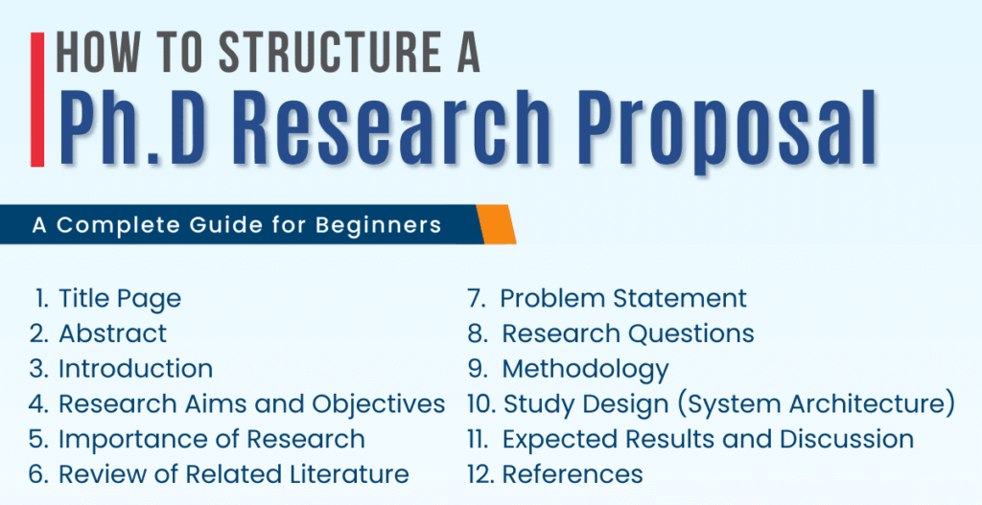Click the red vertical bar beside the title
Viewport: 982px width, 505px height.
click(37, 100)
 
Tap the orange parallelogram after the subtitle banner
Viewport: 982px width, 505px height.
click(495, 224)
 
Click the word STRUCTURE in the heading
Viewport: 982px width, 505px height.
click(306, 54)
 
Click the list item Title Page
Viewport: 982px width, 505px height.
click(119, 298)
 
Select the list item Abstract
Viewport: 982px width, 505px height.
click(112, 333)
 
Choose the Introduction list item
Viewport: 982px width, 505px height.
click(135, 368)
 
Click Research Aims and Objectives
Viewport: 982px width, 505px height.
click(251, 403)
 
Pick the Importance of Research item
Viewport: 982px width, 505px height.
click(211, 439)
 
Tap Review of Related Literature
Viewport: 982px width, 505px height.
click(233, 473)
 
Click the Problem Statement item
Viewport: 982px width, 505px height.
click(623, 298)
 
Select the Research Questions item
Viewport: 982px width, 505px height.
click(628, 333)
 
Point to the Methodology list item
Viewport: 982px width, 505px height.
click(585, 368)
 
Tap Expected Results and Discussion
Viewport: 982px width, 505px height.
click(708, 439)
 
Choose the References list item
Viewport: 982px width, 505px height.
click(573, 473)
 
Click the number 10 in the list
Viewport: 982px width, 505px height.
click(480, 403)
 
